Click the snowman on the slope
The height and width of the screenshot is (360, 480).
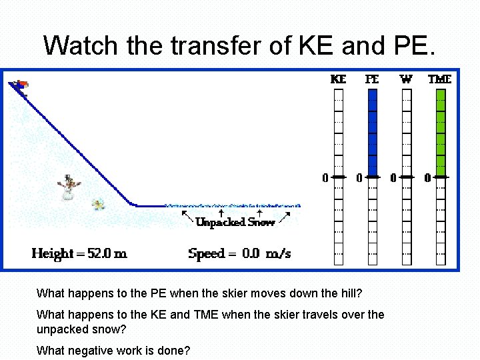coord(69,186)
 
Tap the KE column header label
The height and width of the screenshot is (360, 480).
coord(339,79)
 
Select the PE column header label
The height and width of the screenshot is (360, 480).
coord(372,79)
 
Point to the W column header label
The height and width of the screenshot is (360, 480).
coord(406,79)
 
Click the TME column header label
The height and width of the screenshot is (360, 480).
coord(440,79)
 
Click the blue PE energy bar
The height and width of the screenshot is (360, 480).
coord(373,133)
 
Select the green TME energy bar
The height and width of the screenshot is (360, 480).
coord(440,133)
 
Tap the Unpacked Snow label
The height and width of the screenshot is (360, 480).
coord(235,222)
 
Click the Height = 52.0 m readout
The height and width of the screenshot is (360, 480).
coord(79,253)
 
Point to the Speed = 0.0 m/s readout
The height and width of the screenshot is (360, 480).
coord(239,253)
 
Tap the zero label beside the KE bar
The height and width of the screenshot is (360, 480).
coord(325,178)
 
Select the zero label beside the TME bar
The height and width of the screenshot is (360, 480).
coord(428,178)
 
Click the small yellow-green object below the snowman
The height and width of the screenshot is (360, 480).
coord(99,203)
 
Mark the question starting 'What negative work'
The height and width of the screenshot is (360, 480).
coord(113,350)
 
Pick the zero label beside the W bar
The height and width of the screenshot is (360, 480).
coord(393,178)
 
